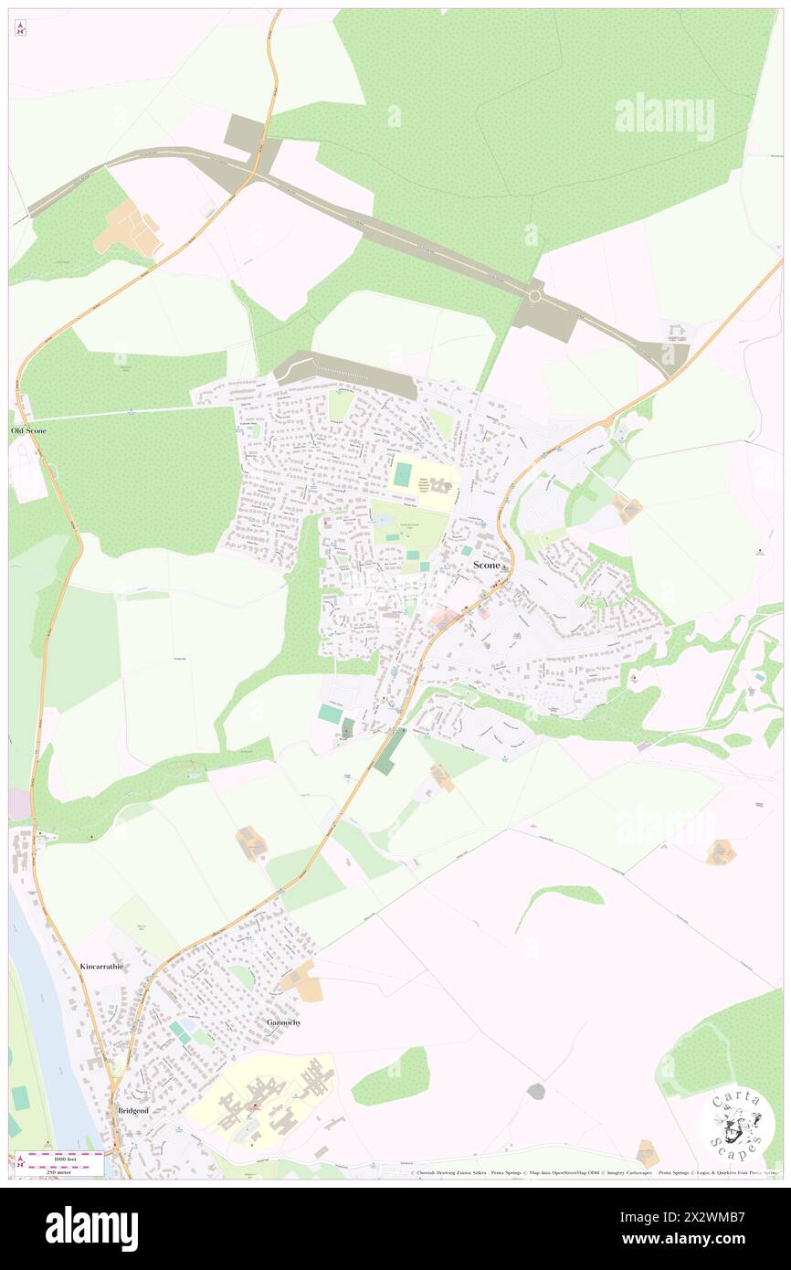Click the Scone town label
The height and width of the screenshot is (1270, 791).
coord(486,566)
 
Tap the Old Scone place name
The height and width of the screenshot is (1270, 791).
coord(27,429)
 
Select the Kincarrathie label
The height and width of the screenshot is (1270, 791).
coord(100,966)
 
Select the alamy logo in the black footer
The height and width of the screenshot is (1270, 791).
coord(91,1227)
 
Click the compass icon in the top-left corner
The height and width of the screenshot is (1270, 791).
coord(20,27)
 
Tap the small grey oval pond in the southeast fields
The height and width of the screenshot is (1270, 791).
coord(535,1091)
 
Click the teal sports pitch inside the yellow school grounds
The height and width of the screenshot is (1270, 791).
coord(402,474)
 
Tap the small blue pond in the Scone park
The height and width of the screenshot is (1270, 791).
coord(379,519)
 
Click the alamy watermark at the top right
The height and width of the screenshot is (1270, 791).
coord(664,116)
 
